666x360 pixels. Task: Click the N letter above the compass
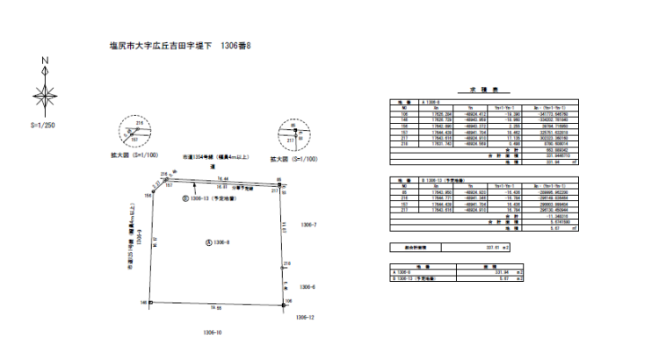[x=45, y=61]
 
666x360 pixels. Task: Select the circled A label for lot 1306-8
[x=207, y=241]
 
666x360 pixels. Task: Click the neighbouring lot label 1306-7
[x=308, y=227]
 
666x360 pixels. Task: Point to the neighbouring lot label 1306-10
[x=213, y=332]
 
